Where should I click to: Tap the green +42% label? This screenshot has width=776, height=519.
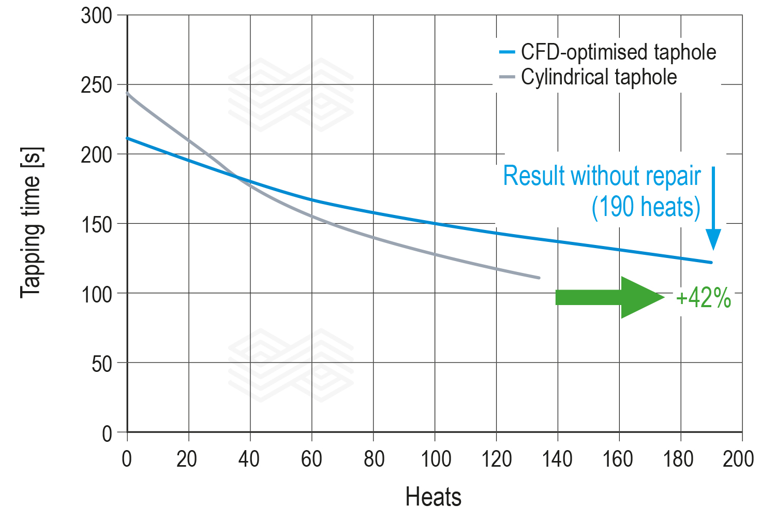coord(703,298)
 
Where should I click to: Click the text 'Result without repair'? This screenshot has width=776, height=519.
coord(602,176)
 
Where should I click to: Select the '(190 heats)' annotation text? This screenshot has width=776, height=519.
coord(646,207)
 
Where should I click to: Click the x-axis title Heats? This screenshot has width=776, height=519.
coord(433,497)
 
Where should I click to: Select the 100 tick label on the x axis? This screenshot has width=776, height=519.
coord(435,459)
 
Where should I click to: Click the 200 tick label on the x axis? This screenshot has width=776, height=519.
coord(738,459)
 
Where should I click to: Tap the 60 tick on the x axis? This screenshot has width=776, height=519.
coord(311,459)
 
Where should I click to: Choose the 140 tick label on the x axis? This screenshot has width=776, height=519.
coord(557,459)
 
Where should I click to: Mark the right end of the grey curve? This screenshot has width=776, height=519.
coord(539,278)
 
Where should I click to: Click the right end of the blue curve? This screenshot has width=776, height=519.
coord(711,263)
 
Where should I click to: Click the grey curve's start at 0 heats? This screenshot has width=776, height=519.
coord(128,94)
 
